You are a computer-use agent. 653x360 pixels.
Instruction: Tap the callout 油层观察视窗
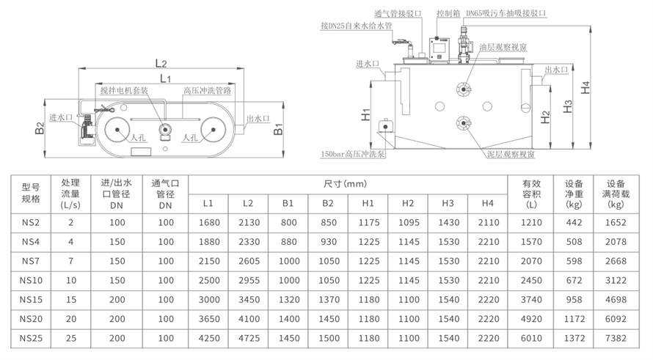502,46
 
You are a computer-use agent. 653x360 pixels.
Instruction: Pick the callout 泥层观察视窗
510,155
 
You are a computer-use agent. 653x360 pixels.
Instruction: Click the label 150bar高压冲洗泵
354,155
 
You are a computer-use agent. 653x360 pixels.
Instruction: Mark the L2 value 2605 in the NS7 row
247,261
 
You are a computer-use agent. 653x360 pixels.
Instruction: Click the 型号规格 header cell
31,193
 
